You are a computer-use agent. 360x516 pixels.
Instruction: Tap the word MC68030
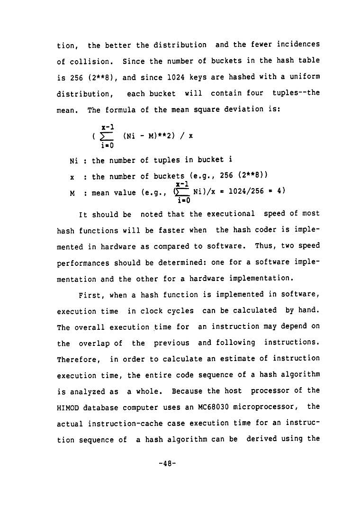tap(206, 407)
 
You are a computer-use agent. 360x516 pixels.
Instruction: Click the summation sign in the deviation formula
tap(107, 136)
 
